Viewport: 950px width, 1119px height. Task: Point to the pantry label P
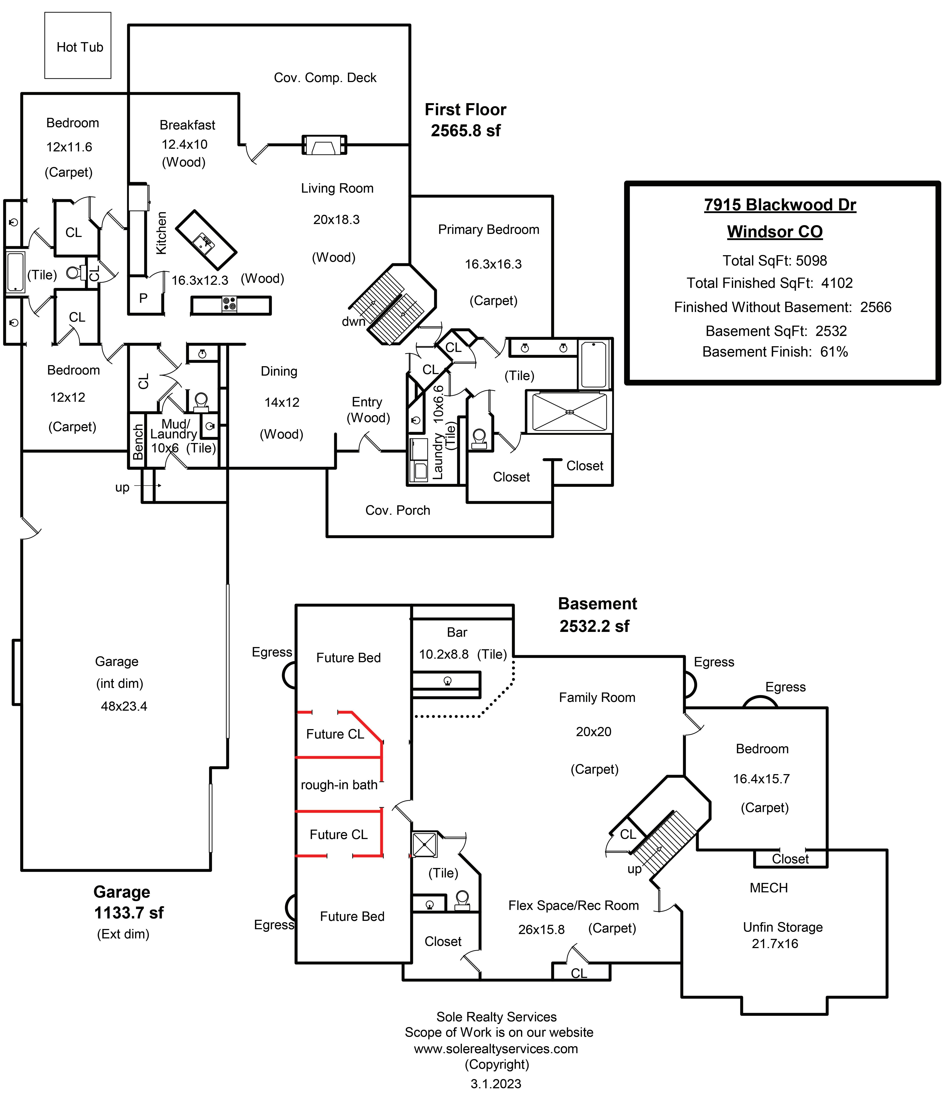click(143, 298)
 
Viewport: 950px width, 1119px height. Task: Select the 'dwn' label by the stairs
click(353, 322)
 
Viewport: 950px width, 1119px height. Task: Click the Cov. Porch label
click(397, 510)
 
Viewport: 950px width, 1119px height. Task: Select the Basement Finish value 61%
click(834, 352)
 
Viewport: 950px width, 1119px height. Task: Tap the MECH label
click(768, 888)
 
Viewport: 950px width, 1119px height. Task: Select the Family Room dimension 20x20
click(593, 732)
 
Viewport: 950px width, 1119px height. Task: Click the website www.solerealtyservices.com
click(495, 1049)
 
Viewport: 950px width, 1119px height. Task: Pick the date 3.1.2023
click(495, 1084)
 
